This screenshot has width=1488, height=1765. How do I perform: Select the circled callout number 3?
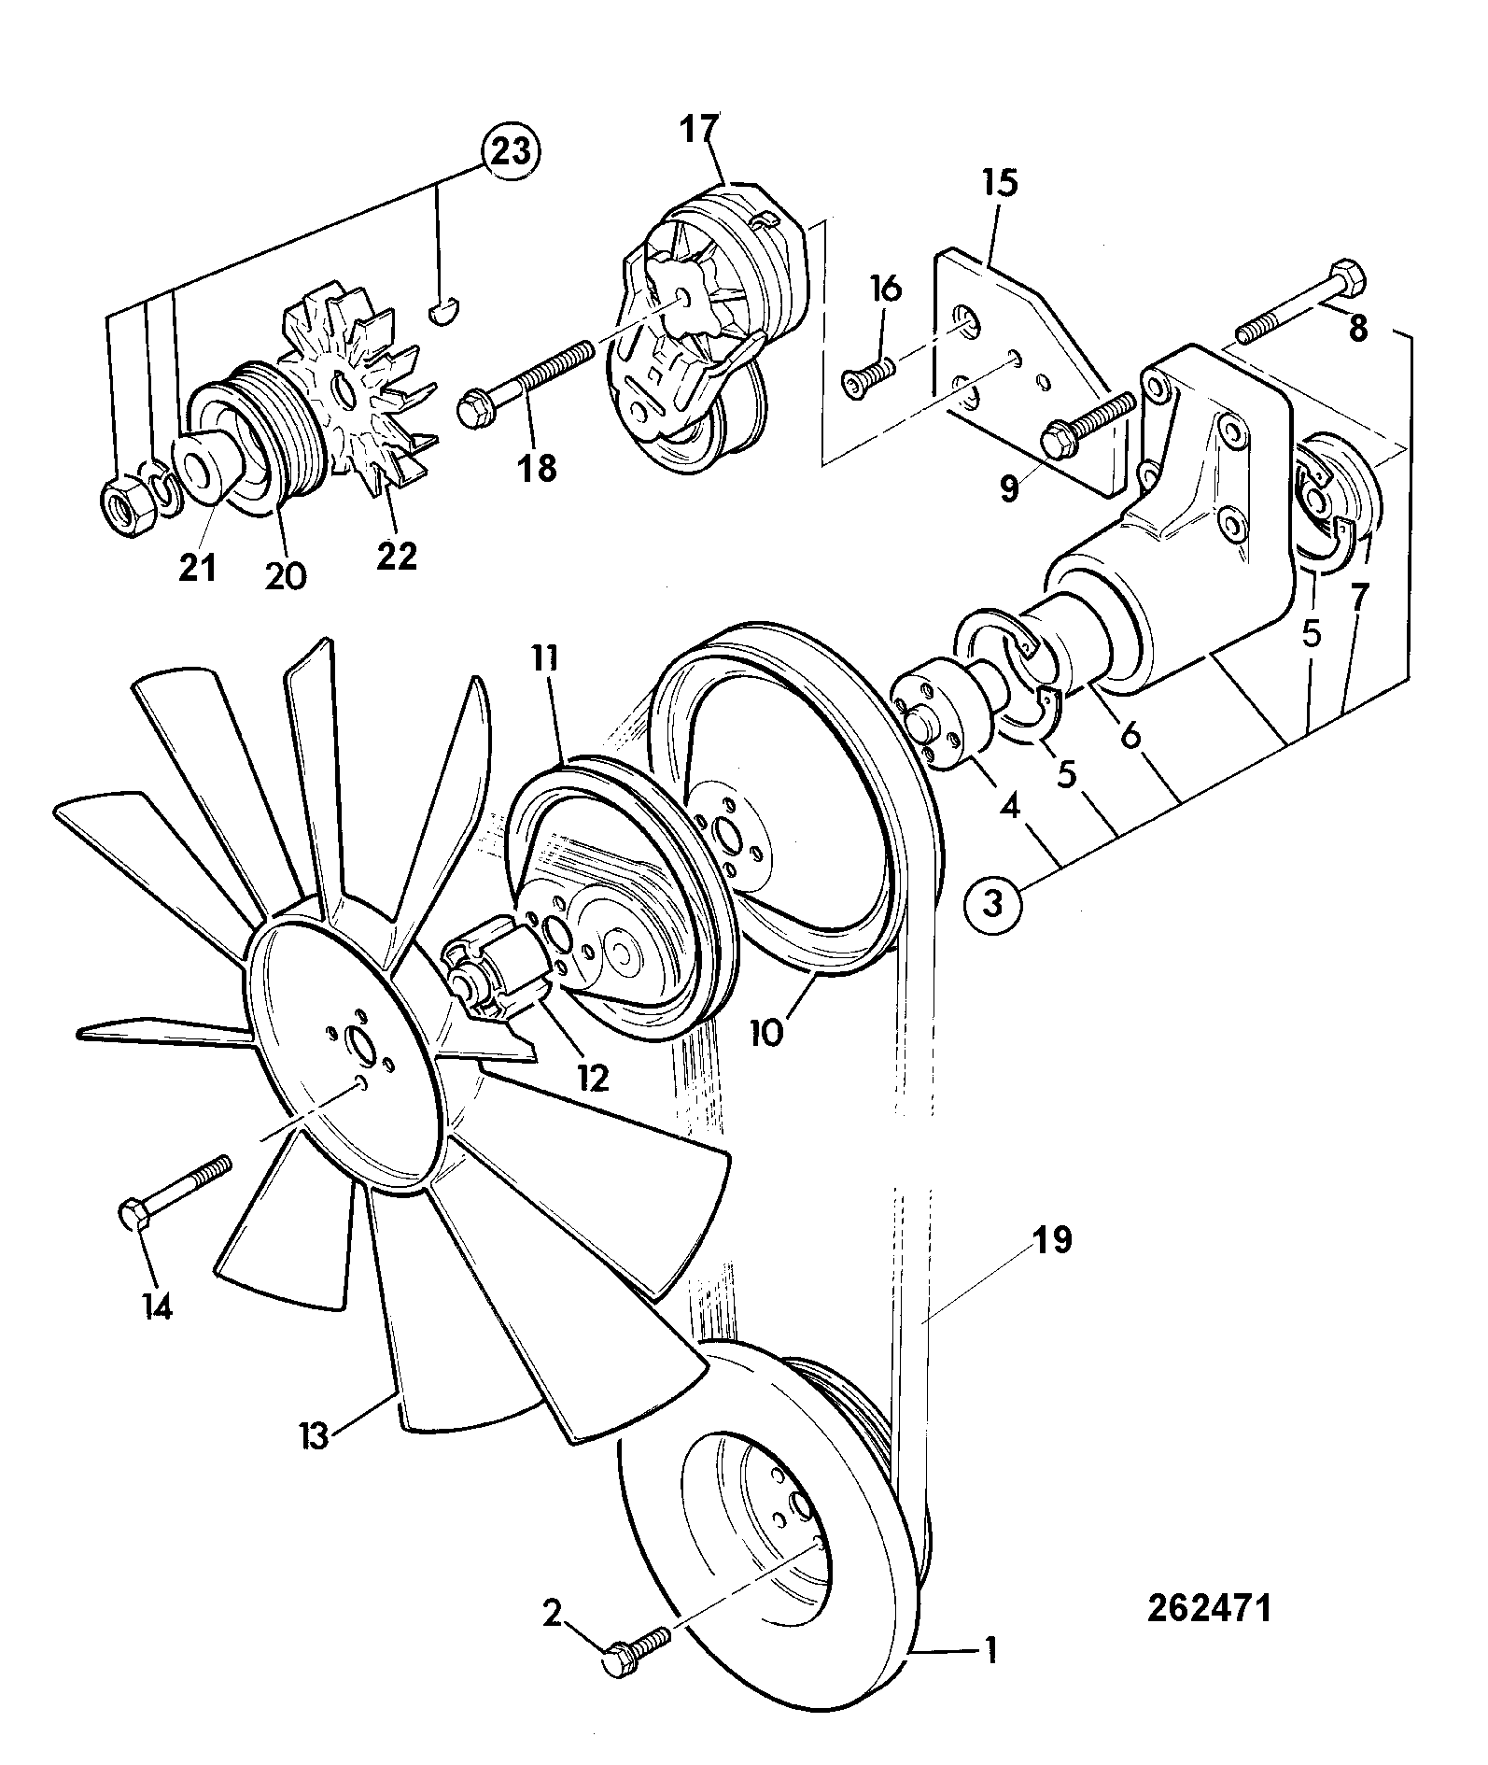[995, 903]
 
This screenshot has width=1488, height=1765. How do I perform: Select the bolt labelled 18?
[526, 383]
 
